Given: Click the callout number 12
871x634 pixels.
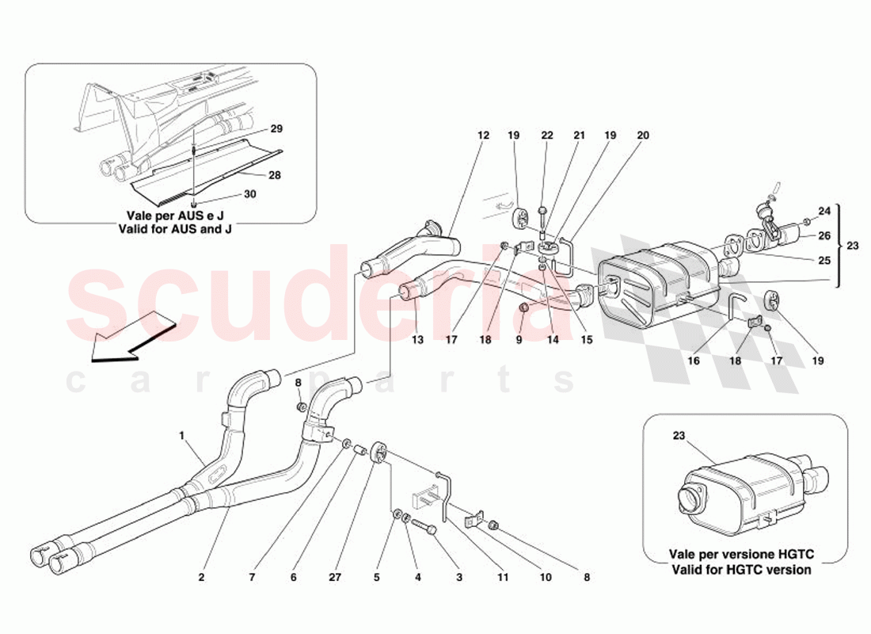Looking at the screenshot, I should [x=483, y=136].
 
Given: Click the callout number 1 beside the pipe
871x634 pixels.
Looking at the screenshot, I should [x=181, y=434].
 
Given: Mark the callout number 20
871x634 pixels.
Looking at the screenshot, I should [x=642, y=136].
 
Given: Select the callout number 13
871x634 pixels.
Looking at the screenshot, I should [x=417, y=340].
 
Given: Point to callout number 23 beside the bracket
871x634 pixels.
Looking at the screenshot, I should [x=851, y=246].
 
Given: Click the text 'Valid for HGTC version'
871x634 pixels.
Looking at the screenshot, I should [x=741, y=570].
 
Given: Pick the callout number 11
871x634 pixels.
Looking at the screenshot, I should [x=503, y=578].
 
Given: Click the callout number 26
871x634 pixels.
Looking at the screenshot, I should [x=825, y=235].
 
